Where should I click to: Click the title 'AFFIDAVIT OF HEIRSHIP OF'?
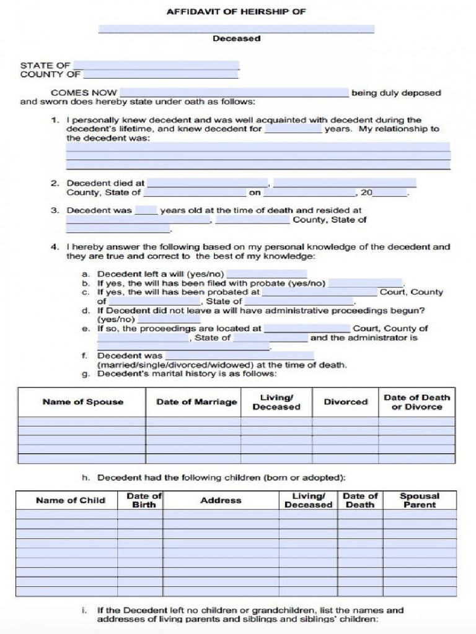(x=236, y=12)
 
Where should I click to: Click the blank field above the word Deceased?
(x=236, y=28)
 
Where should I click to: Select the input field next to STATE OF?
(x=156, y=65)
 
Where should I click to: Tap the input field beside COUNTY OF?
(x=160, y=75)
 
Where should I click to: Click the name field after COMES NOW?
(x=234, y=93)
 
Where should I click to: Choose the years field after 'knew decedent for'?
(x=293, y=129)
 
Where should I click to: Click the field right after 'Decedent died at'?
(x=208, y=183)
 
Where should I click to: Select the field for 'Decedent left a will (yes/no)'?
(x=267, y=274)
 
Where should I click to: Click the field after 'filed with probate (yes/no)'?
(x=365, y=283)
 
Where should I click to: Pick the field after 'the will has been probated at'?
(x=319, y=292)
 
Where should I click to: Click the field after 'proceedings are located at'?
(x=306, y=329)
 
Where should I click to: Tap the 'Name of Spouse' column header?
(x=82, y=402)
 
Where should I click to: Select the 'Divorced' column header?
(x=345, y=402)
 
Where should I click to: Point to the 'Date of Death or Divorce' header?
(x=416, y=402)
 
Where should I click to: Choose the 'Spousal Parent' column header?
(x=419, y=500)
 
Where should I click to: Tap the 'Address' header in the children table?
(x=221, y=500)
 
